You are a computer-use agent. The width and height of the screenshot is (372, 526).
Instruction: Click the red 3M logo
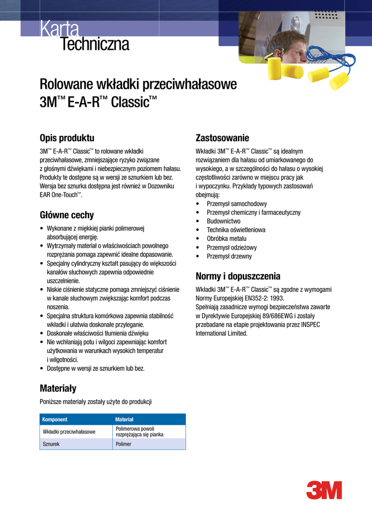click(324, 490)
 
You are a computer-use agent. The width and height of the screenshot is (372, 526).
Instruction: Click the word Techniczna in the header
click(95, 45)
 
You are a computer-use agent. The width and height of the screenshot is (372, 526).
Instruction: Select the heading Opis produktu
click(67, 138)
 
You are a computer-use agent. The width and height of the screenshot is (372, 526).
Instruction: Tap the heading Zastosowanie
click(223, 138)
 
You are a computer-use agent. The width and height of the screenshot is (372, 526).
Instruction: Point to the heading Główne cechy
click(67, 215)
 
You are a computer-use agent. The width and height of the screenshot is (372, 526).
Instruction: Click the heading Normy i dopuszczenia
click(238, 275)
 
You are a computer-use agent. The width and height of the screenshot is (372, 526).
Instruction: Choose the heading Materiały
click(58, 388)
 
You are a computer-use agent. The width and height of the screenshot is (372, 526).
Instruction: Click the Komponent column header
click(55, 420)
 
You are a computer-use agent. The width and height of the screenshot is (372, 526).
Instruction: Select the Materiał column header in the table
click(125, 420)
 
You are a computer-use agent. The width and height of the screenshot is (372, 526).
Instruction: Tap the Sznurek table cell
click(51, 444)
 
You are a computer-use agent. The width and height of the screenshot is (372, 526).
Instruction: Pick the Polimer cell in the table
click(124, 444)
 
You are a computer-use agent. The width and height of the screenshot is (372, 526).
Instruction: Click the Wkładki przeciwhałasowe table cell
click(69, 431)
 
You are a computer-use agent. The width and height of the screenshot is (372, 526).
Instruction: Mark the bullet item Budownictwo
click(223, 221)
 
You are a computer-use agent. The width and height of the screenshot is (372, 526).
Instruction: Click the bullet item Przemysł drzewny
click(229, 256)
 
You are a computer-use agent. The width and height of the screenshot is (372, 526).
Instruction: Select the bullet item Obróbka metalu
click(226, 238)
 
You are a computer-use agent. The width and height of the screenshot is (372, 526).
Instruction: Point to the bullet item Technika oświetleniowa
click(236, 230)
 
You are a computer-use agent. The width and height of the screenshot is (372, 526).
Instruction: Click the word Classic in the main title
click(128, 101)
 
